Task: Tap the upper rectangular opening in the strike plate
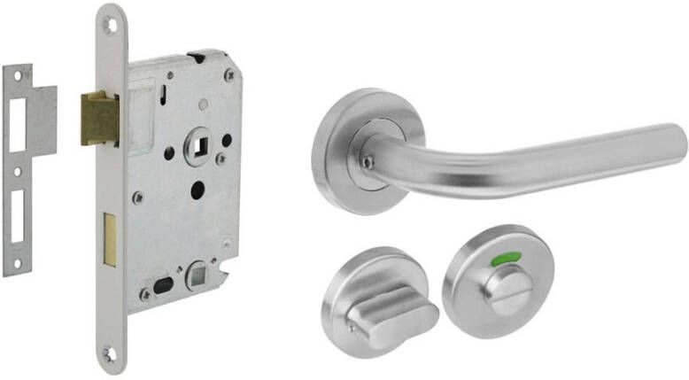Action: (x=18, y=121)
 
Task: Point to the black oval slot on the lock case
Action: (x=164, y=285)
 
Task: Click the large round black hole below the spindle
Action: (x=197, y=189)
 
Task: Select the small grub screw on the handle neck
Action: (x=368, y=162)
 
